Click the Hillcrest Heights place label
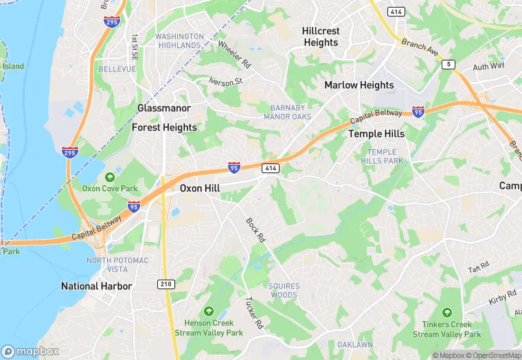[x=321, y=36]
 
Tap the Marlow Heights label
[x=359, y=85]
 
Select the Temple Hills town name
[x=376, y=133]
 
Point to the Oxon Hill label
[x=200, y=187]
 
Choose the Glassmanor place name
[x=164, y=108]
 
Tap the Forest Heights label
[x=164, y=127]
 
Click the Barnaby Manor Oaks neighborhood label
[x=288, y=112]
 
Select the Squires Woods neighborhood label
[x=284, y=290]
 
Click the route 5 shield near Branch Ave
[x=449, y=64]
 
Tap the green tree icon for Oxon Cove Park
[x=110, y=177]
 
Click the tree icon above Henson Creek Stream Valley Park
[x=208, y=311]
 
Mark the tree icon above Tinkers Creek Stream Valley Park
[x=447, y=313]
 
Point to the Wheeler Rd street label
[x=234, y=54]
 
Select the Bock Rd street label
[x=256, y=229]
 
